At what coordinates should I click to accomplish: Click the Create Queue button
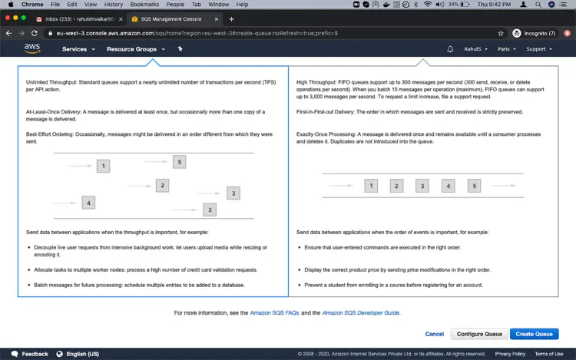coord(534,334)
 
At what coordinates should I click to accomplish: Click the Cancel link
coord(434,334)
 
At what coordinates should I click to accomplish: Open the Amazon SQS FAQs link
coord(274,313)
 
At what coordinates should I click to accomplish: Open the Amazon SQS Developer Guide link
coord(361,313)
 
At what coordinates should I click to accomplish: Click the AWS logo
coord(32,48)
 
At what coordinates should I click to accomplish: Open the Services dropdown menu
coord(78,49)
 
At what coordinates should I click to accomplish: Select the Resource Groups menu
coord(136,49)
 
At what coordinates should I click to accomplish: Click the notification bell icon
coord(450,49)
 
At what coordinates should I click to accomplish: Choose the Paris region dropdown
coord(507,49)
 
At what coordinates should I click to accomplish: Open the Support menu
coord(539,49)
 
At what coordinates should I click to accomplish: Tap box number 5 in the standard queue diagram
coord(179,162)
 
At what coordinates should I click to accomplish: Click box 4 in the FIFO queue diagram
coord(449,186)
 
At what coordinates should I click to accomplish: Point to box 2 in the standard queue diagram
coord(162,185)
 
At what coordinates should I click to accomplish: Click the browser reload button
coord(34,33)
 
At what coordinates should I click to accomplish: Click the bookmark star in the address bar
coord(501,34)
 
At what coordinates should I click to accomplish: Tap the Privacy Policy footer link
coord(510,354)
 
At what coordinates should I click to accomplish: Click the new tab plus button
coord(231,19)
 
